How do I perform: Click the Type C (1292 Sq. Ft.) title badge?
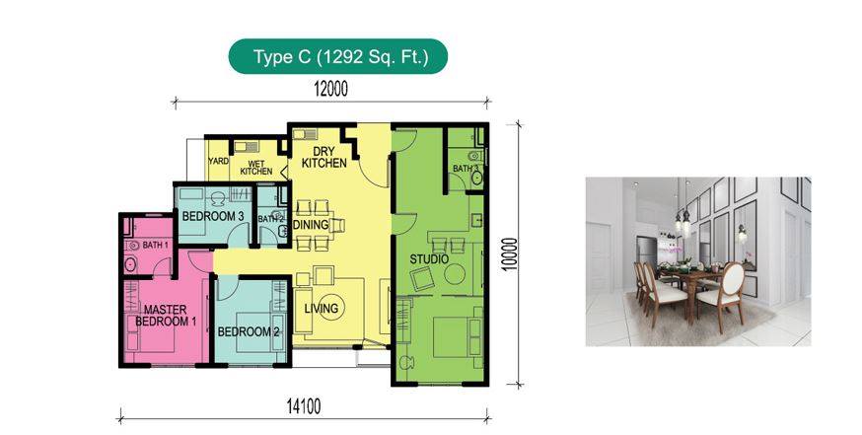[x=338, y=56]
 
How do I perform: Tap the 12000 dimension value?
[x=331, y=89]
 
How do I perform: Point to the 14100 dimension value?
[x=303, y=406]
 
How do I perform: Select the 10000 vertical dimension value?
[x=510, y=254]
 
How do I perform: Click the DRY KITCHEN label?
[x=324, y=157]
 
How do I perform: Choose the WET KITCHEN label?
[x=256, y=168]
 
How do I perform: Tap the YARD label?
[x=218, y=161]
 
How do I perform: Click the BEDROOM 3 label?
[x=213, y=216]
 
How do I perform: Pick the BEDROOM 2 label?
[x=249, y=331]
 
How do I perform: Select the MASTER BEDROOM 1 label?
[x=166, y=315]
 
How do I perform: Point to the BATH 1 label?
[x=156, y=245]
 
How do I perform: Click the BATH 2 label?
[x=270, y=219]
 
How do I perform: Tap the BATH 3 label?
[x=466, y=168]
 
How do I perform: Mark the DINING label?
[x=311, y=224]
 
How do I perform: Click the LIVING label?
[x=322, y=308]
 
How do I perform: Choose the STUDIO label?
[x=429, y=259]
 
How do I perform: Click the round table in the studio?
[x=455, y=273]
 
